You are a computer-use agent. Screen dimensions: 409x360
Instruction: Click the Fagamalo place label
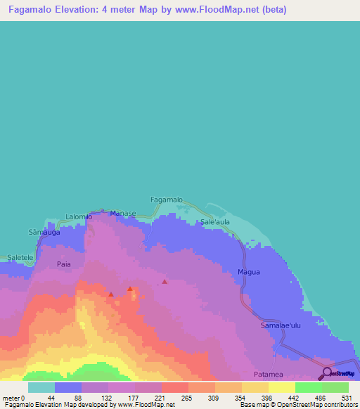[x=167, y=200]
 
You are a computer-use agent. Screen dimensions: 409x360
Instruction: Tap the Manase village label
[x=122, y=212]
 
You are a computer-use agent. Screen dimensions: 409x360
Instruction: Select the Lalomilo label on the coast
[x=79, y=216]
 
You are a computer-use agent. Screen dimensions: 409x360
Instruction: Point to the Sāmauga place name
[x=42, y=231]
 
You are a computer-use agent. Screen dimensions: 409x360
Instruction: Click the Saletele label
[x=20, y=258]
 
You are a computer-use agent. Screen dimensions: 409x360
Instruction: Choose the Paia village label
[x=64, y=264]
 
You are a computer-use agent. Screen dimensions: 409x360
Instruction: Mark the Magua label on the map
[x=249, y=272]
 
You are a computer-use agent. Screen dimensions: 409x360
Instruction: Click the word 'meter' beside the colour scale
[x=11, y=397]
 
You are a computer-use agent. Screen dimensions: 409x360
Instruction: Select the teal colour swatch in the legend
[x=41, y=387]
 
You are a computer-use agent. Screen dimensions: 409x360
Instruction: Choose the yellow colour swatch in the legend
[x=281, y=387]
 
